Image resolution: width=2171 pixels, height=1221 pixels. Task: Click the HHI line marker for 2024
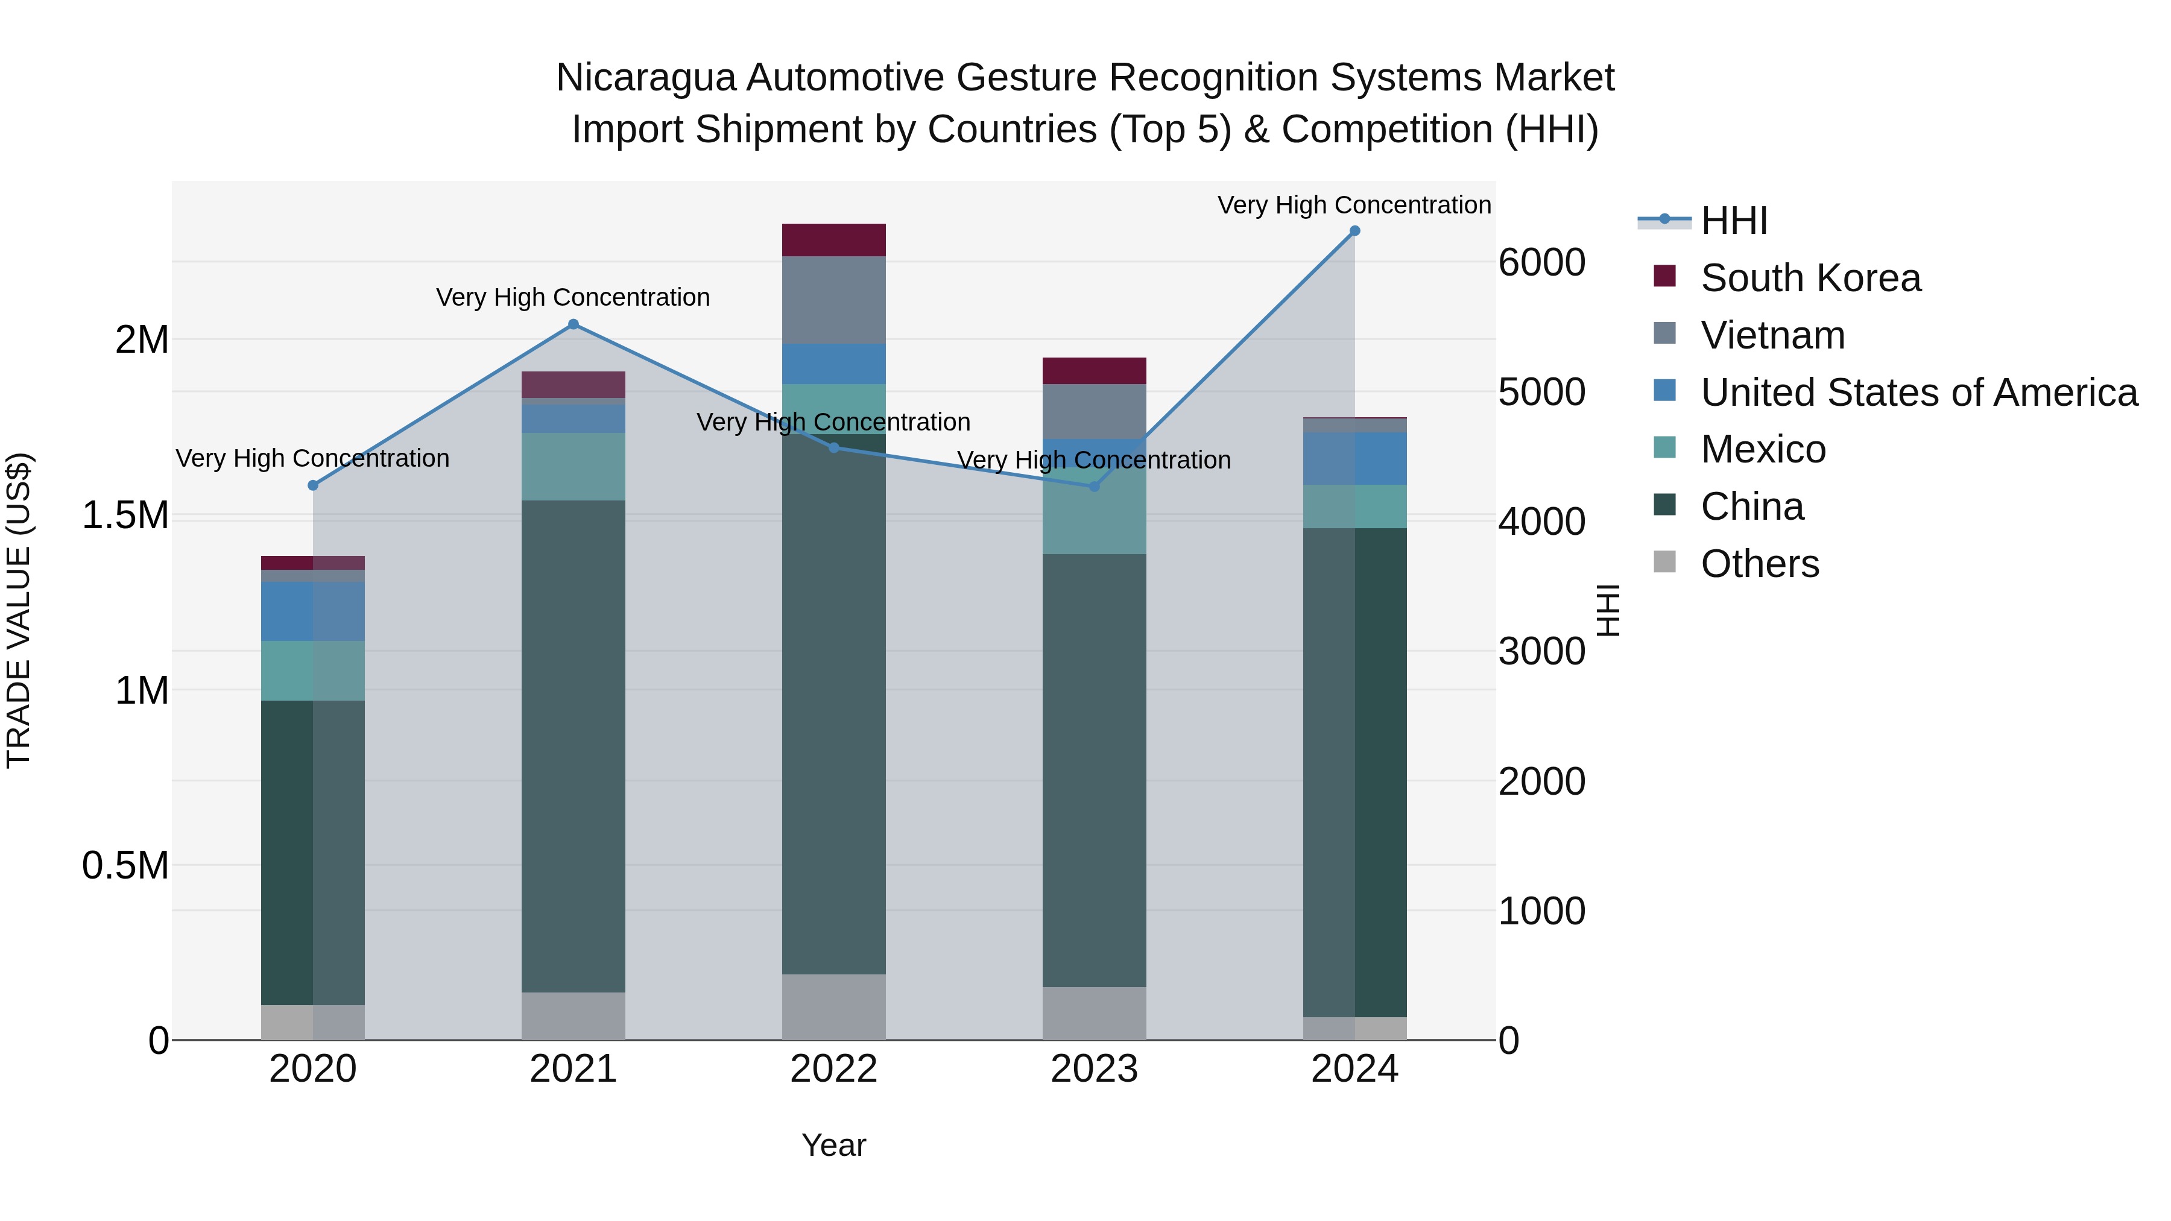pos(1354,231)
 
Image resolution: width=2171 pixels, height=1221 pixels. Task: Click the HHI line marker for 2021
pos(573,324)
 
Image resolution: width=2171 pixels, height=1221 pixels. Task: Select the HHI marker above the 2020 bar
pos(312,485)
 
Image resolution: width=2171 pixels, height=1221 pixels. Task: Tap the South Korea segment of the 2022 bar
pos(833,240)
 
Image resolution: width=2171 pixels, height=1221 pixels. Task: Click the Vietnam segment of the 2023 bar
pos(1094,411)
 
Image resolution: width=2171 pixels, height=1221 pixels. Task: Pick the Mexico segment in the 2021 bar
pos(573,467)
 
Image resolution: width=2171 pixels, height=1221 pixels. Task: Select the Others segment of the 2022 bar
pos(833,1007)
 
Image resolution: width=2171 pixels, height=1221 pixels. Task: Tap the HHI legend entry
pos(1734,221)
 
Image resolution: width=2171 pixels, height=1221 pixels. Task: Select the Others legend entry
pos(1759,564)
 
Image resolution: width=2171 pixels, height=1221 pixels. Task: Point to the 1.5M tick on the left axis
pos(125,515)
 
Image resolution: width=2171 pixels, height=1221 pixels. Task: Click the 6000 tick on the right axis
pos(1541,262)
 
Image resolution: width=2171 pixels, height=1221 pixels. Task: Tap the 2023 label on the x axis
pos(1094,1069)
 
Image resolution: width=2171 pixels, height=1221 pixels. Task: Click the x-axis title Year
pos(833,1145)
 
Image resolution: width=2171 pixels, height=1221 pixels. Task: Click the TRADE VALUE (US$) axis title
pos(19,610)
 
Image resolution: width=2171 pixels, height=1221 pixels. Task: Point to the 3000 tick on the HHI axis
pos(1541,651)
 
